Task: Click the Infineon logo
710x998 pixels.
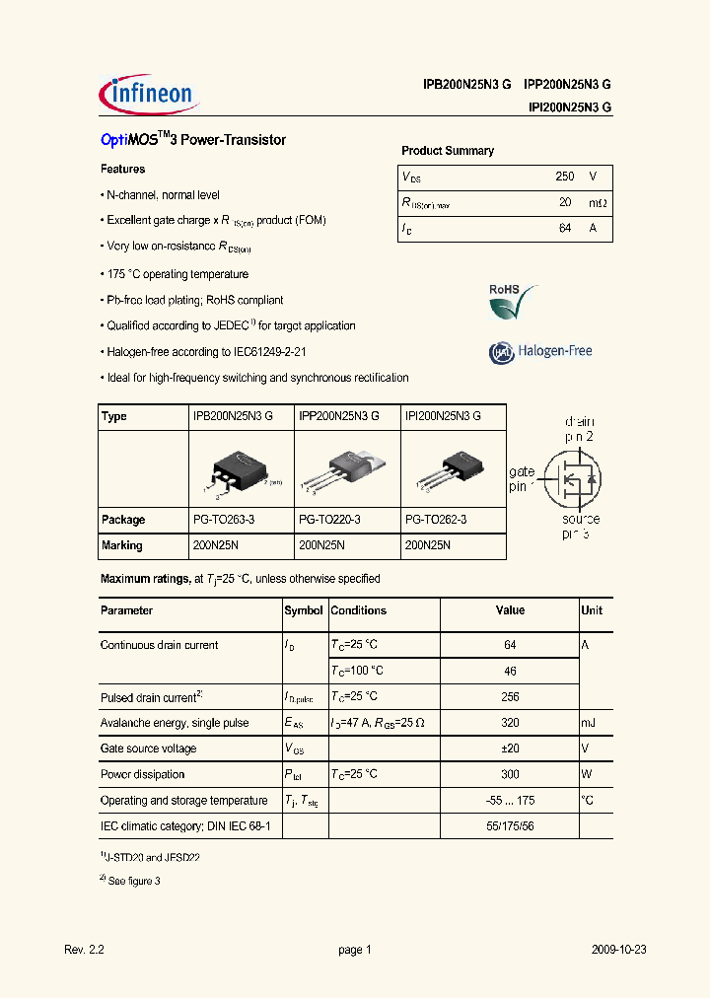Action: pyautogui.click(x=150, y=94)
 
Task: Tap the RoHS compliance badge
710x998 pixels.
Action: pyautogui.click(x=514, y=301)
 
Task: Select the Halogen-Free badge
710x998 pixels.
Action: pyautogui.click(x=540, y=351)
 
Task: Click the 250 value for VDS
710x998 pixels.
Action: pyautogui.click(x=564, y=177)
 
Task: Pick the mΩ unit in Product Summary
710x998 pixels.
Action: pyautogui.click(x=597, y=202)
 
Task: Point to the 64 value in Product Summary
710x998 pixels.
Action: pyautogui.click(x=564, y=228)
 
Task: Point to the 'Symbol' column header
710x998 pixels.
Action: pyautogui.click(x=304, y=610)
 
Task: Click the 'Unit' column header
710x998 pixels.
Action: pyautogui.click(x=592, y=610)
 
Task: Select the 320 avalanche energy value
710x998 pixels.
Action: pyautogui.click(x=510, y=723)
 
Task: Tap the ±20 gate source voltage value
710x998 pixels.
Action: pyautogui.click(x=510, y=748)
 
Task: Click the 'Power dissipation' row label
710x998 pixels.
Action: pyautogui.click(x=143, y=774)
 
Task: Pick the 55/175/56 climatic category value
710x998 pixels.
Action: pyautogui.click(x=510, y=825)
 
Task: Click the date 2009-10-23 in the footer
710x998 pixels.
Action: pyautogui.click(x=619, y=950)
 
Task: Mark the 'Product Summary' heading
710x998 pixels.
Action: pyautogui.click(x=448, y=151)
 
